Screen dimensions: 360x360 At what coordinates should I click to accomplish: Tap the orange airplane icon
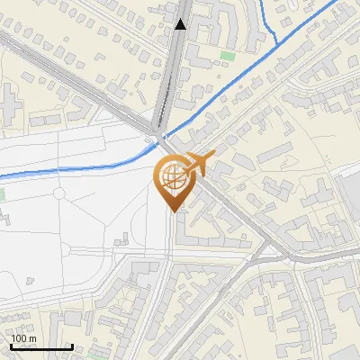tap(200, 163)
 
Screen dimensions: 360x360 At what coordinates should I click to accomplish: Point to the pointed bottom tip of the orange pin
tap(172, 211)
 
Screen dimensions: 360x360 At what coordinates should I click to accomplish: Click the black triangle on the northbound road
tap(182, 25)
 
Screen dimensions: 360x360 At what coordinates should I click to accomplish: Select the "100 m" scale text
tap(23, 338)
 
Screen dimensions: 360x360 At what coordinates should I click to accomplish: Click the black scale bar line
tap(41, 346)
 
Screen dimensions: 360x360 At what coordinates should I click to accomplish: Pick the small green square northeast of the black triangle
tap(226, 58)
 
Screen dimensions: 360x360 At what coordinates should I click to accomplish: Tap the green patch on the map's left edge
tap(2, 193)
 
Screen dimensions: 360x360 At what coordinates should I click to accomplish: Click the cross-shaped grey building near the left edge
tap(7, 98)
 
